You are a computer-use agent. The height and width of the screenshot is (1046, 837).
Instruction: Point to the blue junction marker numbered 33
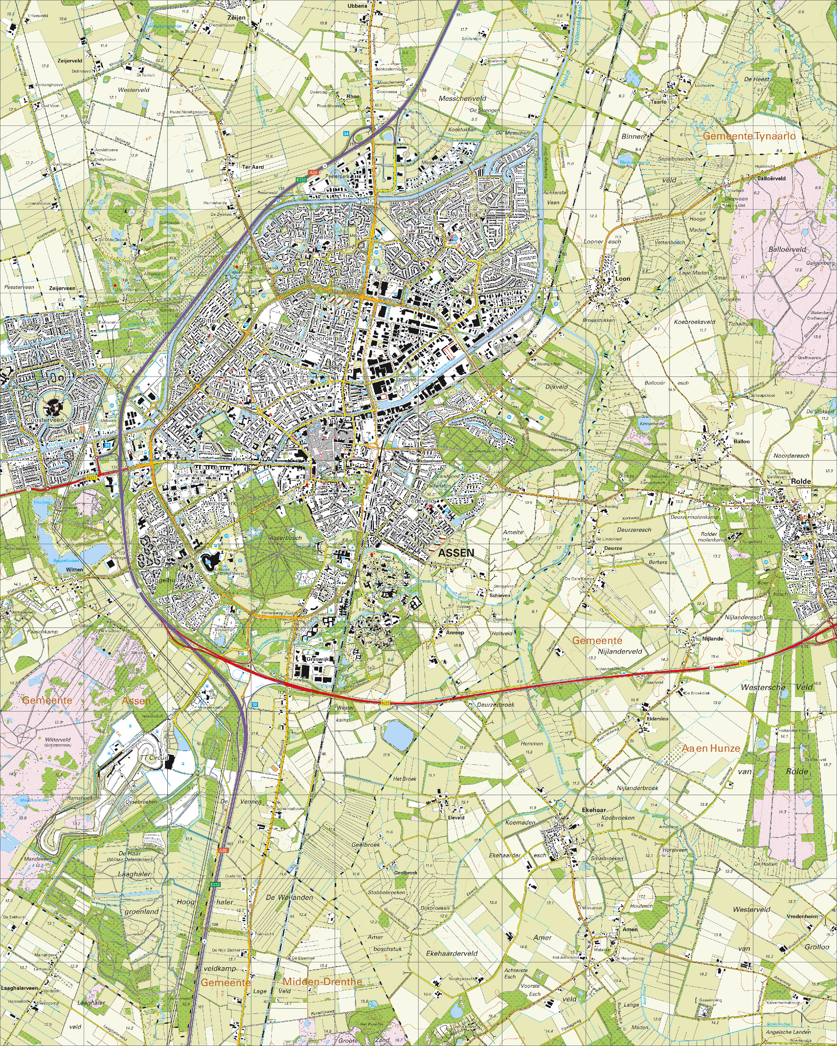coord(107,445)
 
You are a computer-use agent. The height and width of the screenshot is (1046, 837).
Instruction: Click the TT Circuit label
coord(154,757)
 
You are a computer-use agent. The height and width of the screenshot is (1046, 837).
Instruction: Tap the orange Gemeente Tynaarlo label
coord(749,136)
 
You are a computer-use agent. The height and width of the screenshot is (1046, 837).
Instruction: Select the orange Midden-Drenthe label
coord(322,981)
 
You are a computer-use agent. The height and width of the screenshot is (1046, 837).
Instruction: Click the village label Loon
coord(623,279)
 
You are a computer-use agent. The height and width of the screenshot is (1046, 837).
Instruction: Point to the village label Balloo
coord(741,441)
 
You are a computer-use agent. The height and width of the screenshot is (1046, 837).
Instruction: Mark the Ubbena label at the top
coord(357,6)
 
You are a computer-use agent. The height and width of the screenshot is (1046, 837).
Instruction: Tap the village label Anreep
coord(455,632)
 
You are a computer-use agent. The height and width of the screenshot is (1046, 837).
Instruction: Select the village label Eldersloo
coord(657,719)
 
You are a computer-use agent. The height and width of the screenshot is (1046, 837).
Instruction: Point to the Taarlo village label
coord(658,102)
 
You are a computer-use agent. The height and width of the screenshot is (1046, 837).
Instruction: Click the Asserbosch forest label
coord(286,538)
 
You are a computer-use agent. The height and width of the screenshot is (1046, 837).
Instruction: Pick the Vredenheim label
coord(802,916)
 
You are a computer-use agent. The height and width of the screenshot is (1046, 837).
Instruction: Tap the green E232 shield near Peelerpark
coord(301,180)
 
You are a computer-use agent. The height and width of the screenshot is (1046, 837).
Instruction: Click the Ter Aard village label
coord(253,167)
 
